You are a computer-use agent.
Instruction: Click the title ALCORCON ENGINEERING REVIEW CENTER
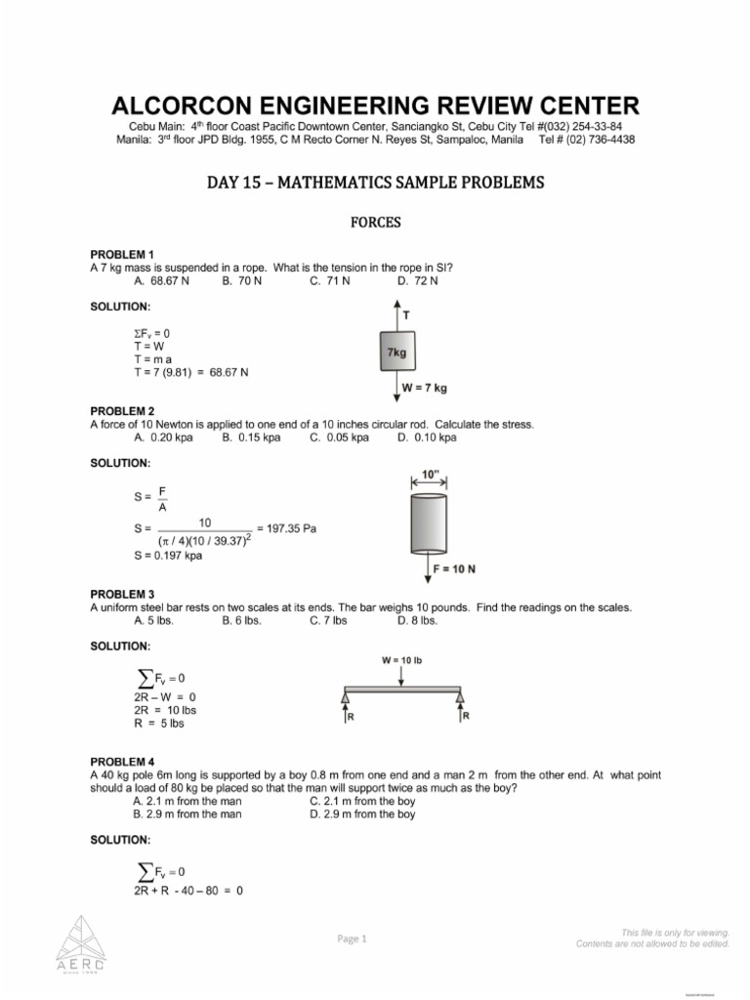coord(375,105)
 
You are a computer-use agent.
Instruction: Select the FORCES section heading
coord(375,222)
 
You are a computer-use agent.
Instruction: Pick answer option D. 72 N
coord(418,281)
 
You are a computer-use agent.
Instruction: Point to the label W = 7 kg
coord(425,389)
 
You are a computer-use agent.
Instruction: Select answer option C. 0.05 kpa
coord(339,437)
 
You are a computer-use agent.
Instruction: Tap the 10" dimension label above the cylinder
coord(430,475)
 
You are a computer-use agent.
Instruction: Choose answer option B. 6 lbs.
coord(243,620)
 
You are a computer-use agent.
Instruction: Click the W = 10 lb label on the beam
coord(401,660)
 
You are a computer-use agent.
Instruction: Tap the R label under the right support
coord(466,716)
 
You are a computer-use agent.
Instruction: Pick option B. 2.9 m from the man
coord(187,813)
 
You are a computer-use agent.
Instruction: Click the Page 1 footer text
coord(352,938)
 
